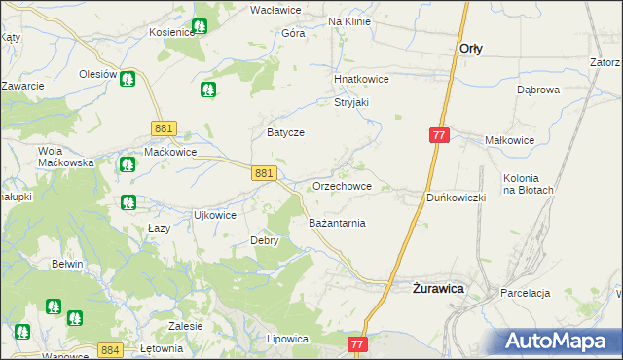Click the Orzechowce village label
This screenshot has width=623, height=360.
[x=341, y=186]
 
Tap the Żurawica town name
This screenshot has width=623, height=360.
[x=437, y=288]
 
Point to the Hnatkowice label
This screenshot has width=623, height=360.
[x=361, y=80]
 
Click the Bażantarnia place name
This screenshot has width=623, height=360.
[x=337, y=223]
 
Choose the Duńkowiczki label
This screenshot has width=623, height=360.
[x=456, y=198]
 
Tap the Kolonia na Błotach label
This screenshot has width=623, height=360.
[x=529, y=184]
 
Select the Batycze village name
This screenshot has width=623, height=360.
[x=286, y=132]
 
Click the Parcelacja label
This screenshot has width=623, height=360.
[x=526, y=293]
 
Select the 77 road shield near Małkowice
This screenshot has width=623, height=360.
[x=439, y=136]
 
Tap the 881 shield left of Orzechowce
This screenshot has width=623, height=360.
[x=261, y=172]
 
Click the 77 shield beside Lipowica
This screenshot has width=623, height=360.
[x=358, y=344]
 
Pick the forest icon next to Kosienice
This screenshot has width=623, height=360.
[x=201, y=27]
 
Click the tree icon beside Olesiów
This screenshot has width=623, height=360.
[x=128, y=78]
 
